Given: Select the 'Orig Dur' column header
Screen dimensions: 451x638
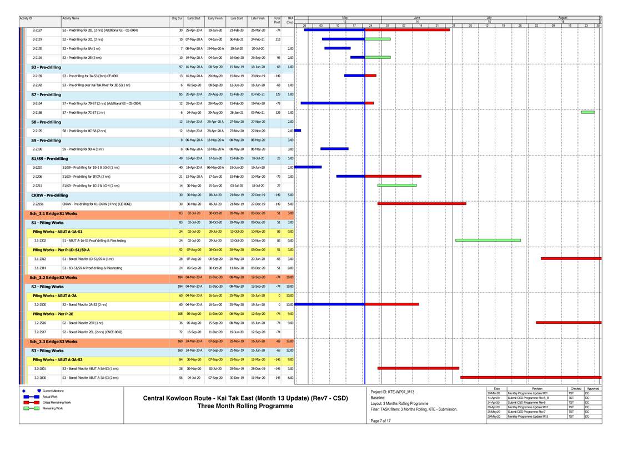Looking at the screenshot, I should coord(177,18).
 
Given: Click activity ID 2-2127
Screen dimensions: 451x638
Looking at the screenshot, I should coord(38,30).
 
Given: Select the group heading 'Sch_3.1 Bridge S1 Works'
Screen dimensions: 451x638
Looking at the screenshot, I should coord(53,213).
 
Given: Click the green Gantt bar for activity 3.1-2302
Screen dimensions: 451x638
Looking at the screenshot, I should coord(488,240).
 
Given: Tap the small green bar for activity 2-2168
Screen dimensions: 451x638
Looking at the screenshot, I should coord(587,113).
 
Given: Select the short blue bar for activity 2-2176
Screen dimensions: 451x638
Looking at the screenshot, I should coord(297,131).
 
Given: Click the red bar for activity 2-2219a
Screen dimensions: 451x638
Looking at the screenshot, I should coord(421,204).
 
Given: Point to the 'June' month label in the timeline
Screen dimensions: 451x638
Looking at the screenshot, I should coord(417,18).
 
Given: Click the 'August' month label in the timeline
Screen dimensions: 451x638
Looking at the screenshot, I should coord(562,18).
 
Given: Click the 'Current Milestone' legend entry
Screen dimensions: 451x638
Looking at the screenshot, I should coord(53,391).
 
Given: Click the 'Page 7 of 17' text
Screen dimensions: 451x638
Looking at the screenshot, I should coord(380,420).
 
